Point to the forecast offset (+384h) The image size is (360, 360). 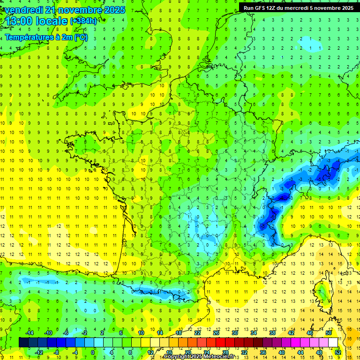pos(83,21)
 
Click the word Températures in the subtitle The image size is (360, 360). pos(28,37)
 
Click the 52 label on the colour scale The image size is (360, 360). pos(337,352)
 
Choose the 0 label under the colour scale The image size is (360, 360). pos(93,352)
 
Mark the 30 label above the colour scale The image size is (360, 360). pos(234,333)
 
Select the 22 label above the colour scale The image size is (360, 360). pos(197,333)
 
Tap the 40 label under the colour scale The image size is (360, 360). pos(281,352)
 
